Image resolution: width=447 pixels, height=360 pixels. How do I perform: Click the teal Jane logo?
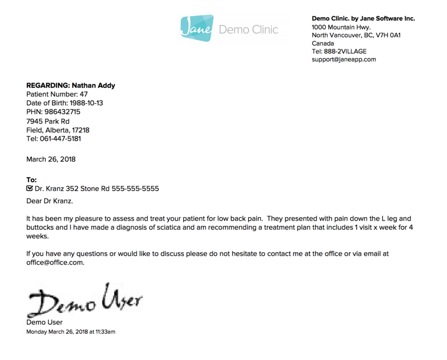point(197,28)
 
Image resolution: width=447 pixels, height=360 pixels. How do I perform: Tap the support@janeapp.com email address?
point(343,59)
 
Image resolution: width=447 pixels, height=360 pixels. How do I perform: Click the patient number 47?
point(84,94)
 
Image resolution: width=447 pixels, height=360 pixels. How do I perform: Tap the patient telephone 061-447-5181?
point(60,139)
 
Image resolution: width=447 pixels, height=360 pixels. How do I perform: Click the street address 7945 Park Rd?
point(48,121)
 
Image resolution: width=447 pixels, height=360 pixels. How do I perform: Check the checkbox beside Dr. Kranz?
point(29,188)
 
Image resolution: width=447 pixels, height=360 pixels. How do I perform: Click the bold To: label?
point(32,180)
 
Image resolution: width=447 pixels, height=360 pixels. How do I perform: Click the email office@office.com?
point(55,262)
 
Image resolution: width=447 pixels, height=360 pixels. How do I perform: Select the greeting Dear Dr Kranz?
point(49,201)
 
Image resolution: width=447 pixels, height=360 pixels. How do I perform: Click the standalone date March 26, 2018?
point(51,159)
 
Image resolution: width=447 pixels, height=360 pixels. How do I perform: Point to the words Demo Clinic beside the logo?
point(248,29)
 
